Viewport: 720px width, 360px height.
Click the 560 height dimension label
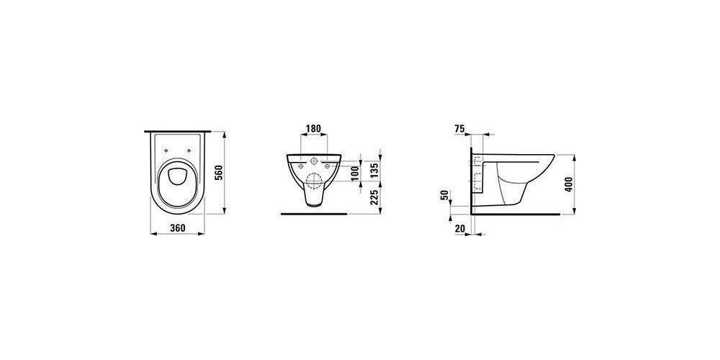(219, 173)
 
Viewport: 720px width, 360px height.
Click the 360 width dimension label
(178, 228)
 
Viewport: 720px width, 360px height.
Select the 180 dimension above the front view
(313, 129)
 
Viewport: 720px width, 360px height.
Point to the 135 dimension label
(374, 169)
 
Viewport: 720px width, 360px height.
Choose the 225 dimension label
(374, 197)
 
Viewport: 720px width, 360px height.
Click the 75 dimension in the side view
(459, 129)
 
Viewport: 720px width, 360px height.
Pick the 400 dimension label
(570, 184)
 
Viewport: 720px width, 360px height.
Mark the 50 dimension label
(444, 194)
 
